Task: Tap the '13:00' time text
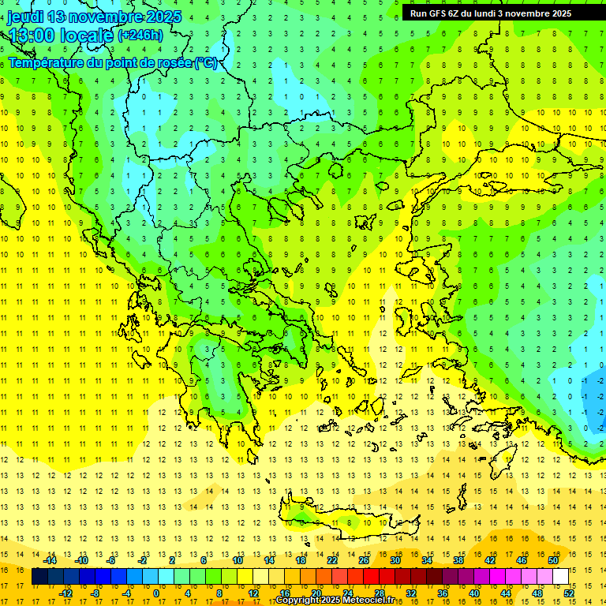[31, 36]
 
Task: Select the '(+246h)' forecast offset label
[140, 35]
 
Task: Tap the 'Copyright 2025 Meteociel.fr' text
[335, 600]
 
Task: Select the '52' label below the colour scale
[569, 593]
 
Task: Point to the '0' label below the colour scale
[157, 593]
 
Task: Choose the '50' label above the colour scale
[552, 560]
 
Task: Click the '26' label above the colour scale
[364, 560]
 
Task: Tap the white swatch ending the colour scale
[560, 577]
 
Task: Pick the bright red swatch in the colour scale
[371, 577]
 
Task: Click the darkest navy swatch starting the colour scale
[39, 577]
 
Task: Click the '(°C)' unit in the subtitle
[205, 62]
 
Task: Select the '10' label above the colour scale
[237, 560]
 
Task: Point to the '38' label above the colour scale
[458, 560]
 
